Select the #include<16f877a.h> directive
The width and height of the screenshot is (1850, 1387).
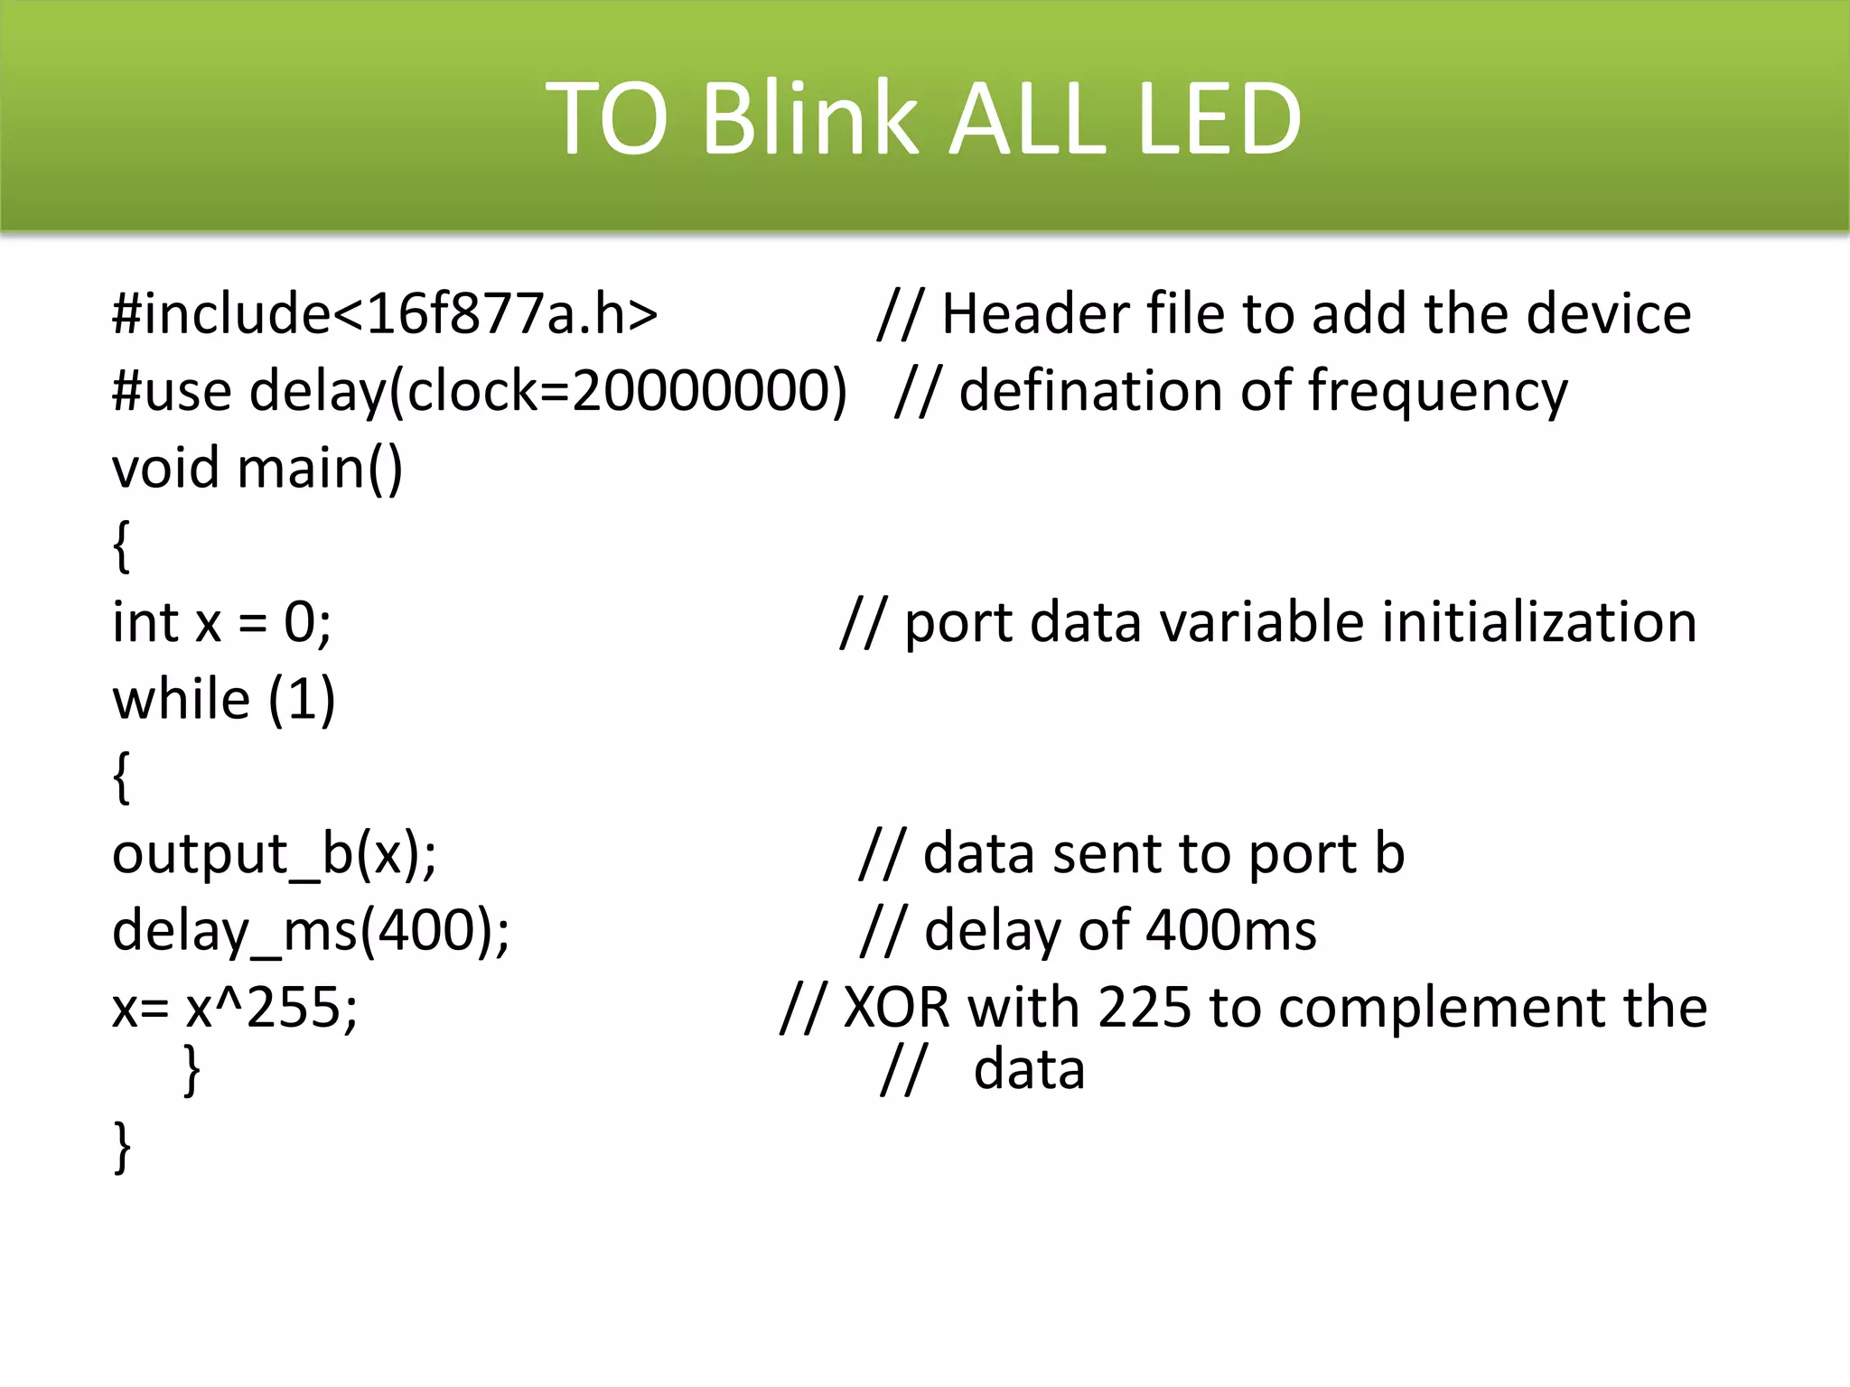(x=385, y=314)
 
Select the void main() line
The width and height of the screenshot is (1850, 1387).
(x=257, y=469)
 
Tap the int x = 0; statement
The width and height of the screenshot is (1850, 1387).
(x=221, y=623)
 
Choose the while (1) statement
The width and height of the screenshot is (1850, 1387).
(x=223, y=700)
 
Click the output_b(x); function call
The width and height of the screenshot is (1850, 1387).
(x=274, y=854)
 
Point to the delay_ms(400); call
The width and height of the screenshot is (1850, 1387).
(x=310, y=931)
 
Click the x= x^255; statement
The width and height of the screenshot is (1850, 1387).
(x=235, y=1008)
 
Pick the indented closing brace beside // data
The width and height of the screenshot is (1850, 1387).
(x=192, y=1071)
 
